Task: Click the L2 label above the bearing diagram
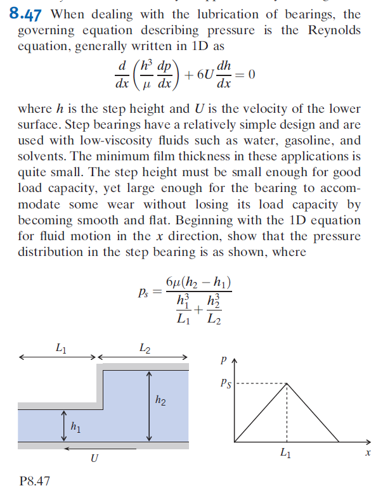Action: pyautogui.click(x=144, y=347)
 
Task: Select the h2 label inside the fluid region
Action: pyautogui.click(x=162, y=399)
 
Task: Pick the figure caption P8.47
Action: pyautogui.click(x=34, y=481)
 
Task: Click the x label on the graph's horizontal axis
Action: pyautogui.click(x=367, y=454)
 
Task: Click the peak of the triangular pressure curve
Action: pyautogui.click(x=287, y=383)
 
